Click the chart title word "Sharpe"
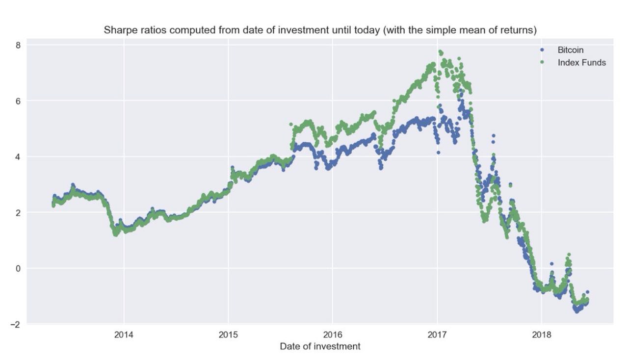[x=118, y=30]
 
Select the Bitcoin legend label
[x=570, y=50]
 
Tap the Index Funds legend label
[x=581, y=62]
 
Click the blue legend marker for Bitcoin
[x=542, y=50]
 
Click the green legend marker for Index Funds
[x=542, y=62]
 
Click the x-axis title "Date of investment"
[x=320, y=347]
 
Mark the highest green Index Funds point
[x=440, y=51]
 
